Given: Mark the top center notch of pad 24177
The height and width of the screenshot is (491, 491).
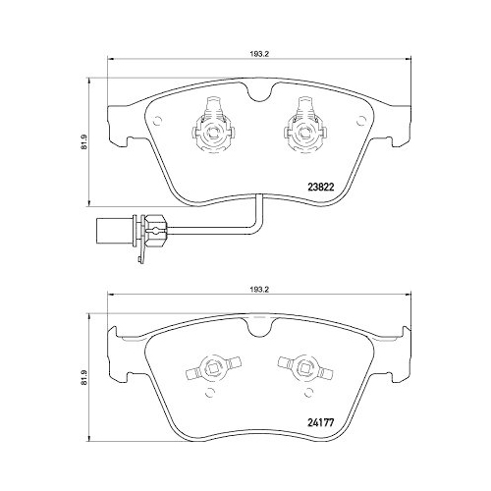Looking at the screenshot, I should [256, 331].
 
